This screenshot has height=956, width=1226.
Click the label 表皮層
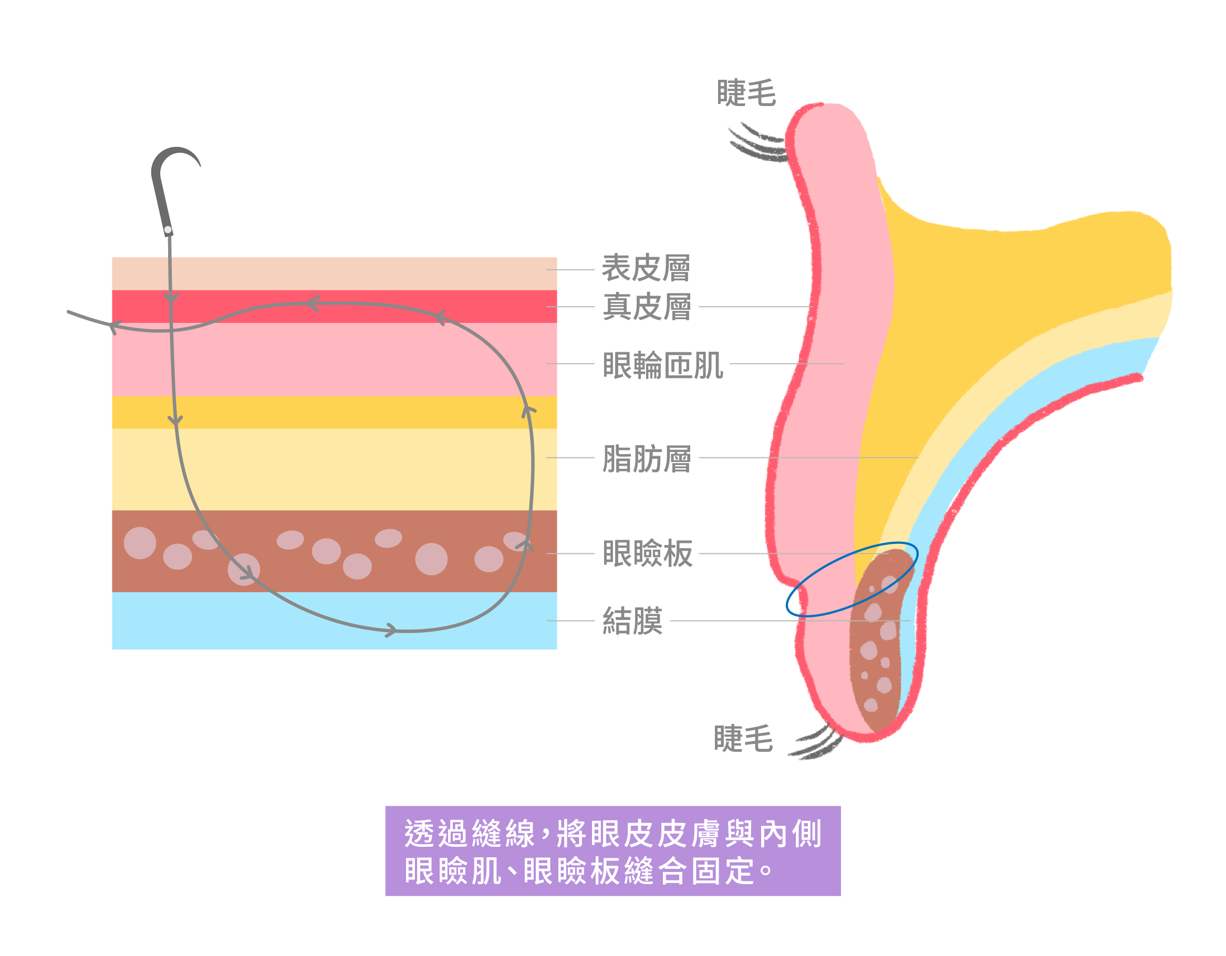(646, 268)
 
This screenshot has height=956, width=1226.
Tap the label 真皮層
(647, 307)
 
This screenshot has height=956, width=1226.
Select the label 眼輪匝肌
(662, 365)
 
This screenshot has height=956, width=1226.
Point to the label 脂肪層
(647, 459)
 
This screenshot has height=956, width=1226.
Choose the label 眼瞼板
(648, 554)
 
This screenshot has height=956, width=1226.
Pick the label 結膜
(632, 621)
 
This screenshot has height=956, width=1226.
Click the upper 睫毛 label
(746, 93)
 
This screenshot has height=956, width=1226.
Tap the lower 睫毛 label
(743, 738)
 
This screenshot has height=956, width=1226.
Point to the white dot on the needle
(168, 229)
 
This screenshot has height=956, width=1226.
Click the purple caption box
(612, 851)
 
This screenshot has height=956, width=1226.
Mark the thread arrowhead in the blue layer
(391, 631)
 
